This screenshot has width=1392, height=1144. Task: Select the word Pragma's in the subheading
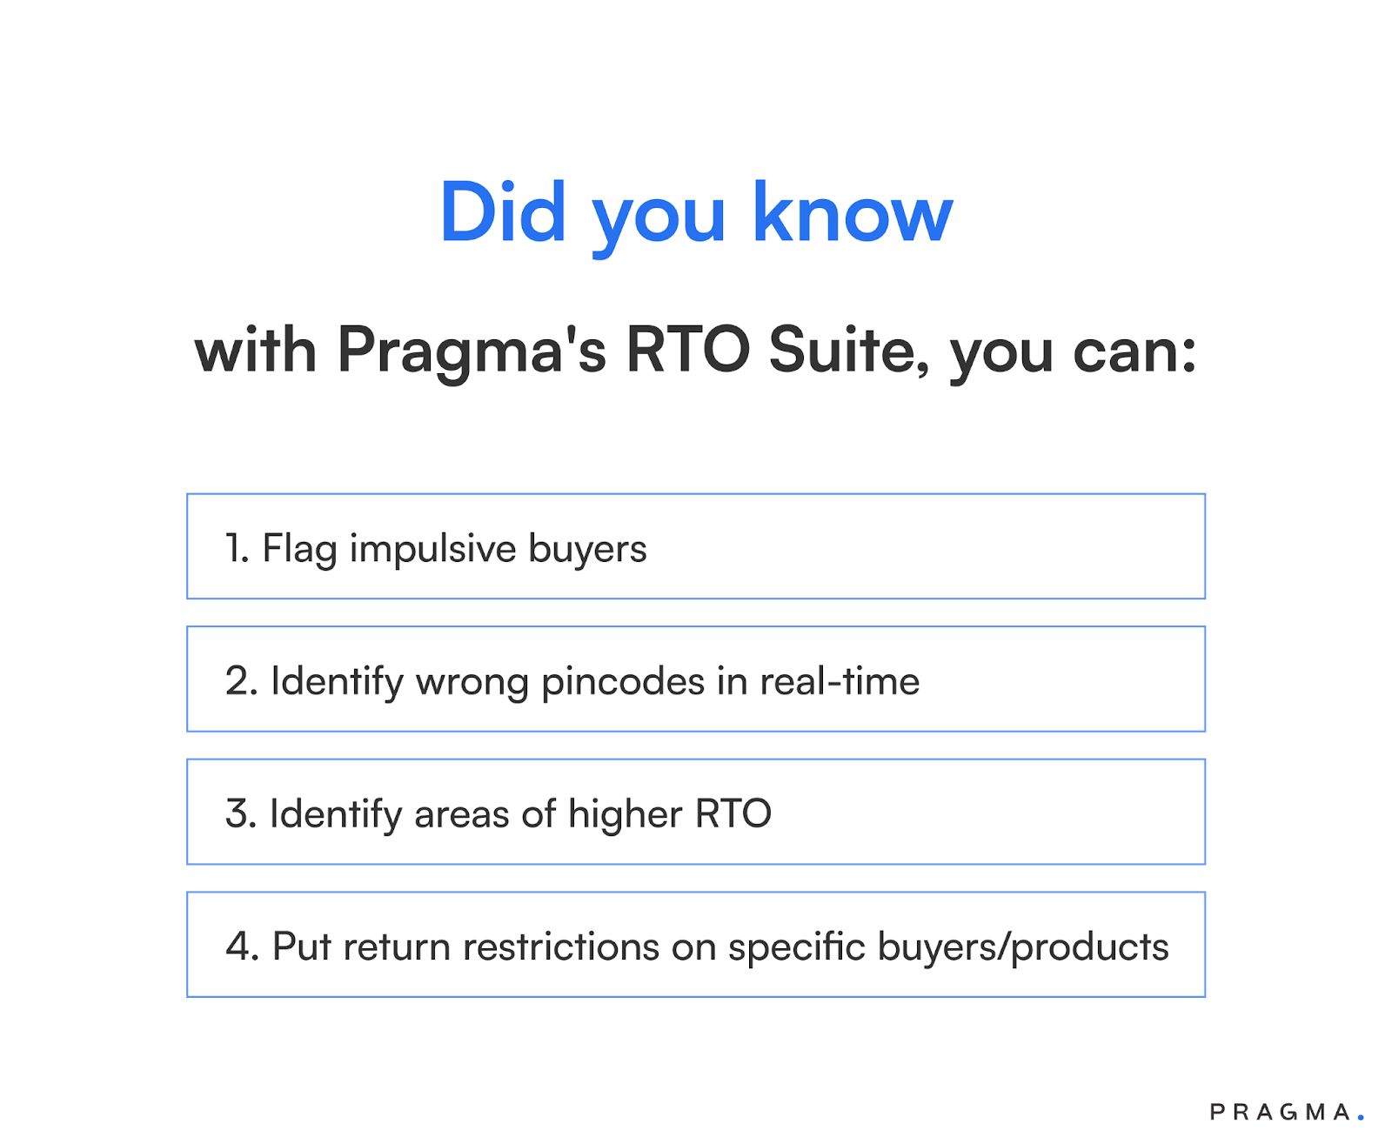(x=471, y=351)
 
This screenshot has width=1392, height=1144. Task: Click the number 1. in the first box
(x=237, y=548)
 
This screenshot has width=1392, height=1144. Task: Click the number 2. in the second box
(x=241, y=681)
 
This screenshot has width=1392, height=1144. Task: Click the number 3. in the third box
(x=241, y=814)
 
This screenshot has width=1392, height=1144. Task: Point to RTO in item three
(x=733, y=814)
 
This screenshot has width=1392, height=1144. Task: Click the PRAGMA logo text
(x=1280, y=1112)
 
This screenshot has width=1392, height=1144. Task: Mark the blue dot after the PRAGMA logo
(x=1361, y=1118)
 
